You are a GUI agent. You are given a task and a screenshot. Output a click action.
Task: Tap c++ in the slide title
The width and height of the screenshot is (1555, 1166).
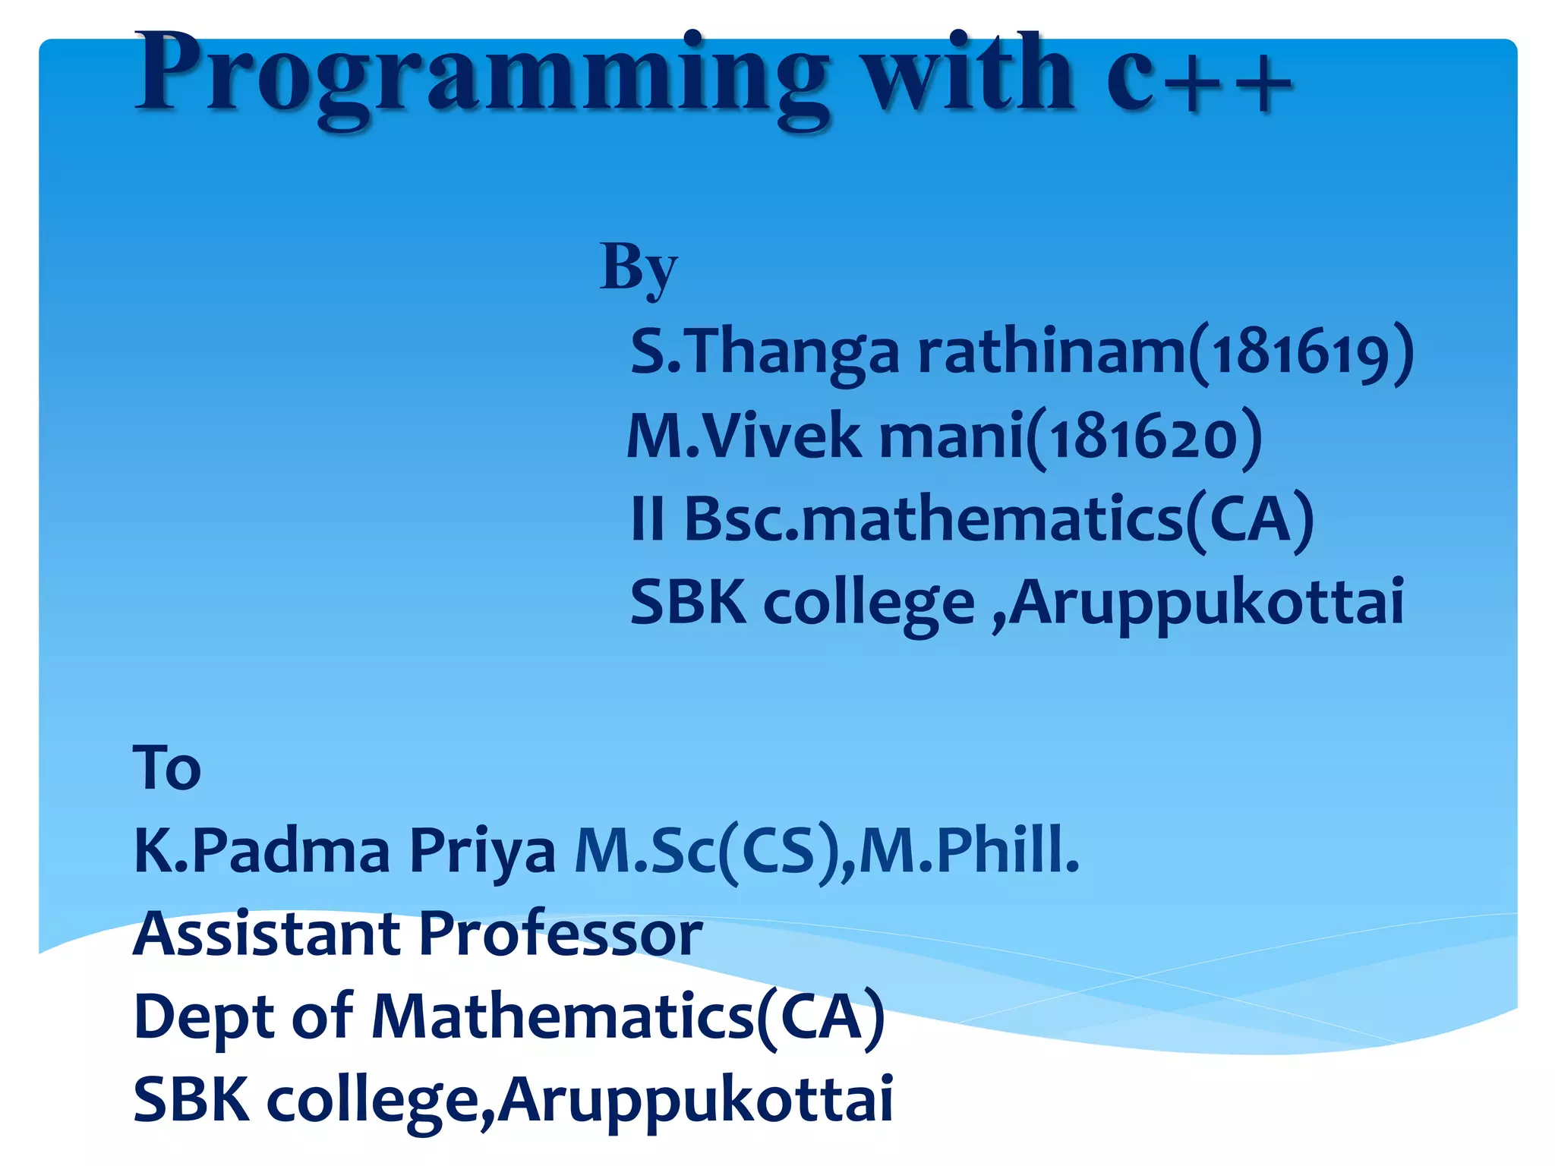pos(1200,76)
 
